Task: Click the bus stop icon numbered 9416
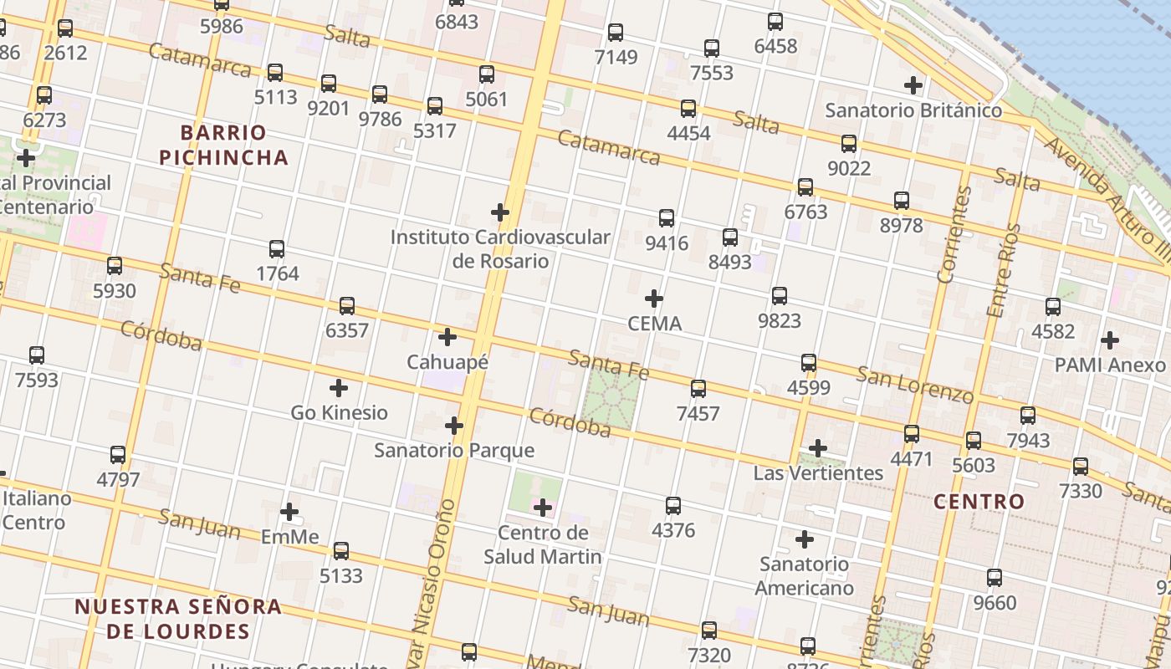coord(667,218)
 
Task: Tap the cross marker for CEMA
coord(654,299)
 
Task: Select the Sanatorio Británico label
coord(913,110)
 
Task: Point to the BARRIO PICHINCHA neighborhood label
coord(223,145)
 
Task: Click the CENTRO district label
coord(979,502)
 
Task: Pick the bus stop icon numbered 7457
coord(698,389)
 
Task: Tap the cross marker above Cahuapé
coord(447,337)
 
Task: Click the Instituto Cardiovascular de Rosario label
coord(500,248)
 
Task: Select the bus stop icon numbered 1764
coord(277,249)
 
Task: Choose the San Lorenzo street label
coord(914,384)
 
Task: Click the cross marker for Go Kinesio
coord(339,388)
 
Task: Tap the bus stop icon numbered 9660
coord(995,578)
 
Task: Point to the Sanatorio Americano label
coord(804,575)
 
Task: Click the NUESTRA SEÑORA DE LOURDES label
coord(178,618)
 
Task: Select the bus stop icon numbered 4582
coord(1053,307)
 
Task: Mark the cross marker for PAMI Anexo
coord(1110,340)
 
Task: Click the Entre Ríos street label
coord(1004,270)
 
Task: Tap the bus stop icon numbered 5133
coord(341,551)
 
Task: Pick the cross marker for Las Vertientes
coord(818,448)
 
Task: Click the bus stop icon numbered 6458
coord(775,22)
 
